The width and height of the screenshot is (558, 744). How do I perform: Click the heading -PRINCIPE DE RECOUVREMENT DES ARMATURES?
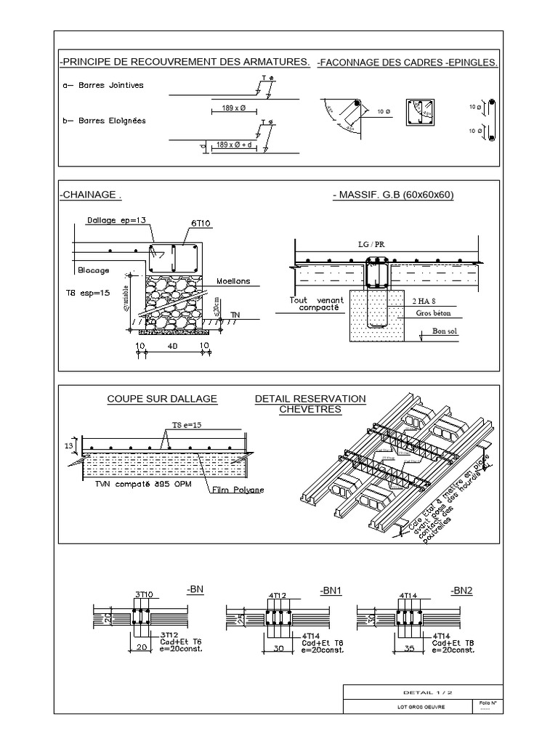point(185,62)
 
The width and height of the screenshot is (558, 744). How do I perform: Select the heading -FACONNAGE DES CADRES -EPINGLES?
point(408,63)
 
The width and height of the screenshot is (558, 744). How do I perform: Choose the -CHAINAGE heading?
point(90,195)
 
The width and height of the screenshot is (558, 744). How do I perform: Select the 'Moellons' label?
point(232,281)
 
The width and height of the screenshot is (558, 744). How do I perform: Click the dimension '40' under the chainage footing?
point(173,347)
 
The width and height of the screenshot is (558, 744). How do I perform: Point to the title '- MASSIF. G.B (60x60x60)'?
point(392,195)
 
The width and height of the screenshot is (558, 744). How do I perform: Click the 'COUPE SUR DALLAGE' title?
point(161,399)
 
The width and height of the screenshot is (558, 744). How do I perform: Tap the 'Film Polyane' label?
point(238,490)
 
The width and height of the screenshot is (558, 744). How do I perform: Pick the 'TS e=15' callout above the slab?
point(187,424)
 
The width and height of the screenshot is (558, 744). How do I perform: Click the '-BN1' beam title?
point(330,590)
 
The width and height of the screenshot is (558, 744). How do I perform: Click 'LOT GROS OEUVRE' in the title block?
point(406,708)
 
